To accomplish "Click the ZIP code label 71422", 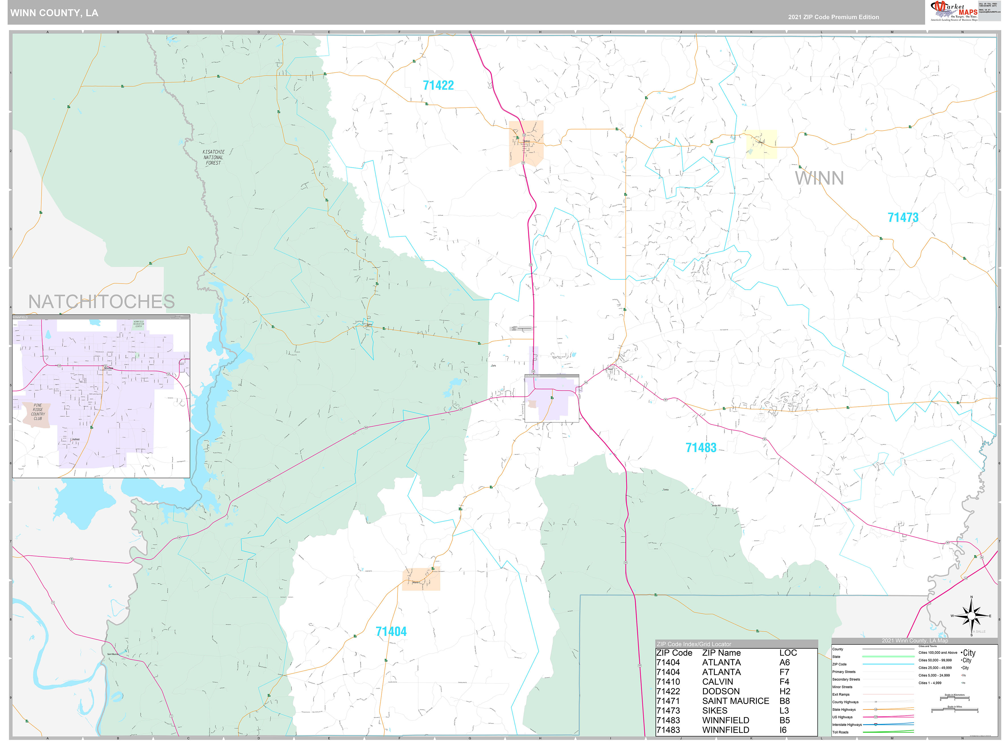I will [x=438, y=85].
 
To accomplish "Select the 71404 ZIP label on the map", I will [x=391, y=632].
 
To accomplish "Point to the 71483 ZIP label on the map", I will [x=701, y=448].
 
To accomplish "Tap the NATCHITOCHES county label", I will [x=101, y=302].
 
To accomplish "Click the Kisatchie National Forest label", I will [x=213, y=157].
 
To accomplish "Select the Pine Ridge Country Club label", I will [x=38, y=412].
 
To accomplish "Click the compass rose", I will [x=971, y=616].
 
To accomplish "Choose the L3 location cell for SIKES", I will [x=784, y=711].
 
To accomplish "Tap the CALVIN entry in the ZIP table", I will [x=718, y=682].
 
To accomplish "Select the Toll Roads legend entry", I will [x=840, y=732].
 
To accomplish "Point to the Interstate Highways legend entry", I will [x=847, y=724].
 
